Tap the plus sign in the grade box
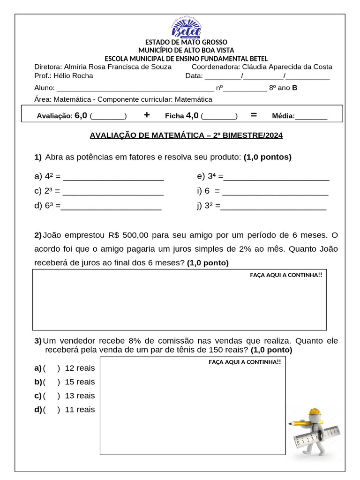coord(147,115)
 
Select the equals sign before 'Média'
coord(254,115)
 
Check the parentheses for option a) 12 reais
coord(52,368)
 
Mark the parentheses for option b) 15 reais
coord(52,382)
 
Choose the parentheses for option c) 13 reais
coord(52,396)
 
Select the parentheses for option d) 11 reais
coord(52,410)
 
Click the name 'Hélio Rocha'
coord(73,76)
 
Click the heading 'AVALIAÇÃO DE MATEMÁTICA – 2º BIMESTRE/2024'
coord(186,135)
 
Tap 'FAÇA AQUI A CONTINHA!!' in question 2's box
coord(286,275)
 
